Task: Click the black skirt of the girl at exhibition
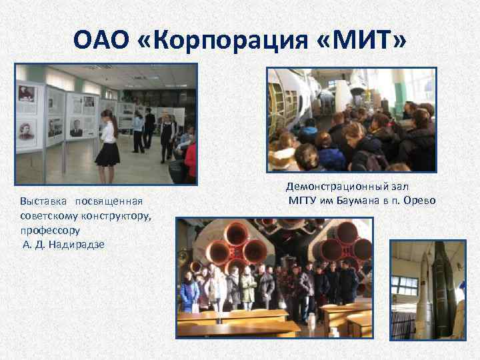click(x=108, y=155)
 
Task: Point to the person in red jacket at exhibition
click(x=191, y=160)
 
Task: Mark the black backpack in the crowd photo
click(x=363, y=160)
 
